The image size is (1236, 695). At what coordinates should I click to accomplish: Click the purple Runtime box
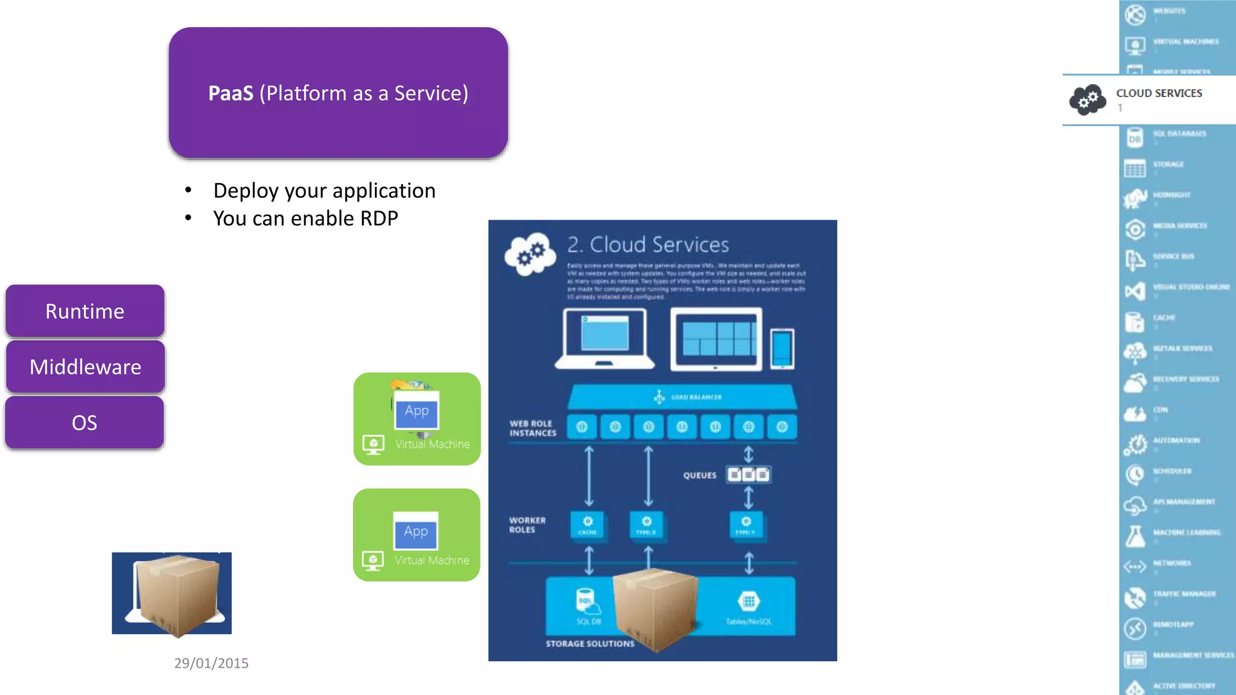(x=85, y=311)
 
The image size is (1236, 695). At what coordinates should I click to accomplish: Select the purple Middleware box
(x=85, y=367)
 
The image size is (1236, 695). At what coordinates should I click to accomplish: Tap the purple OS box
(x=84, y=422)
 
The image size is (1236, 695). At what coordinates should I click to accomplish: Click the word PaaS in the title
(x=231, y=94)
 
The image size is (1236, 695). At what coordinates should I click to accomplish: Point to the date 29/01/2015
(x=211, y=663)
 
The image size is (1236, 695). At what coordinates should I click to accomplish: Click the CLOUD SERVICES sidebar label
(x=1159, y=93)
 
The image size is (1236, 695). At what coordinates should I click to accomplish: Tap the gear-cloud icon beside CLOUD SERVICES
(x=1088, y=100)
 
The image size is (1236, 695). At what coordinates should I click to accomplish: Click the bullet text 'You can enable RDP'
(x=305, y=218)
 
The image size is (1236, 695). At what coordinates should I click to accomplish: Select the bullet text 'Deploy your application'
(x=324, y=191)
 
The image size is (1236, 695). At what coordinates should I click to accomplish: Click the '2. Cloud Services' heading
(x=648, y=244)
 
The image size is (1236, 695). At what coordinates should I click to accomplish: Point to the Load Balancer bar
(x=682, y=397)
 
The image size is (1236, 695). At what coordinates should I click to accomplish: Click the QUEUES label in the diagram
(x=699, y=475)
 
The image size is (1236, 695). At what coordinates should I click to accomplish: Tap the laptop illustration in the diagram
(x=604, y=338)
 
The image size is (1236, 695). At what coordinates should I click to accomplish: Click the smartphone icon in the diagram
(x=782, y=349)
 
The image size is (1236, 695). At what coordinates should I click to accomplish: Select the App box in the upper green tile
(x=416, y=411)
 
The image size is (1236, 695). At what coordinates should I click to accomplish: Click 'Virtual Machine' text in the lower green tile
(x=432, y=560)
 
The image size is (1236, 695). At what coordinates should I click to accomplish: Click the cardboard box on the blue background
(x=175, y=594)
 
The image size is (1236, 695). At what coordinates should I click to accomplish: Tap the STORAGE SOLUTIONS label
(x=590, y=644)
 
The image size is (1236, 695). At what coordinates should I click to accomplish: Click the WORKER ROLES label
(x=527, y=525)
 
